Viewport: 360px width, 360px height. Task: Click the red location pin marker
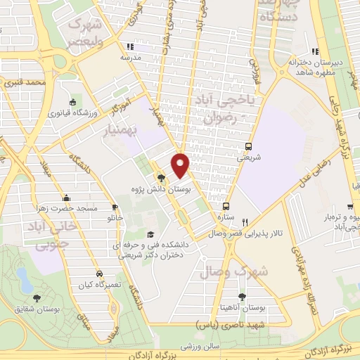pyautogui.click(x=181, y=165)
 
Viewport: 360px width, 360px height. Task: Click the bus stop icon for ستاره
pyautogui.click(x=226, y=207)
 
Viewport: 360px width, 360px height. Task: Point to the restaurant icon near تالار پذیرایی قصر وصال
pyautogui.click(x=244, y=211)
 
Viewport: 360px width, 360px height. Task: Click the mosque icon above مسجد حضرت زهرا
pyautogui.click(x=66, y=198)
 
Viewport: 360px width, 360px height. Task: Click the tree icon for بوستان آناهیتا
pyautogui.click(x=243, y=297)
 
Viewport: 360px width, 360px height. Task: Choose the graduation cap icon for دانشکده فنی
pyautogui.click(x=150, y=235)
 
